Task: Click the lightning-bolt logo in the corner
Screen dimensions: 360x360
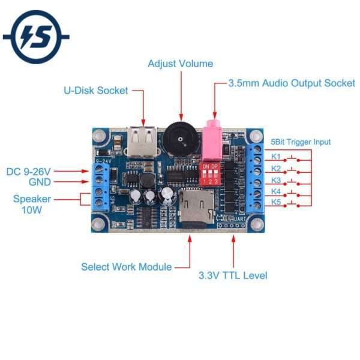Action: (x=36, y=37)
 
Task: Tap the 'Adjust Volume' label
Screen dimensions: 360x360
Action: (x=180, y=64)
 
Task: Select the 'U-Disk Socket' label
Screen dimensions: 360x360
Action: (x=96, y=91)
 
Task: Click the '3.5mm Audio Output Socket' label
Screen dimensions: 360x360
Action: (x=292, y=83)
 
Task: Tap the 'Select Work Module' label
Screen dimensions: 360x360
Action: (x=127, y=266)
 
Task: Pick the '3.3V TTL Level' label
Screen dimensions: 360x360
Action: (x=233, y=275)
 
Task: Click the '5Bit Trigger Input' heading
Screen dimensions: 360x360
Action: (x=301, y=142)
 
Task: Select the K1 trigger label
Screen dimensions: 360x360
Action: (x=276, y=157)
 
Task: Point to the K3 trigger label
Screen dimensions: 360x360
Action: (x=276, y=180)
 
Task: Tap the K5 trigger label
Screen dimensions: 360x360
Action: (x=276, y=202)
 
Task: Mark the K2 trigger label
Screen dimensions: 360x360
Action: (x=276, y=169)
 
